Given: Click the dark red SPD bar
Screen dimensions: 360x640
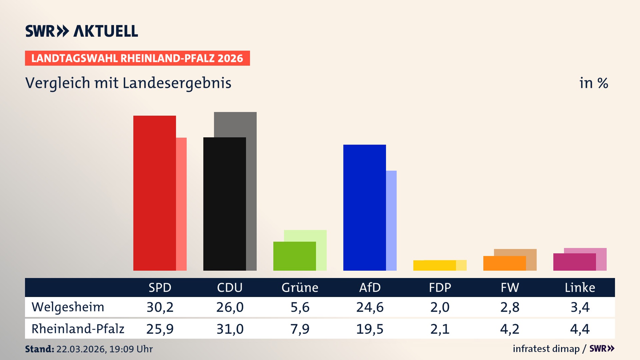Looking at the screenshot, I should point(154,193).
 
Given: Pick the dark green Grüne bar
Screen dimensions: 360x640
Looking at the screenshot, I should point(294,256).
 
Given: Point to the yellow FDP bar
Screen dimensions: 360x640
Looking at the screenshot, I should point(434,265).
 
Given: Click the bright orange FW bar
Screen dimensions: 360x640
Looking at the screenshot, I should point(504,263).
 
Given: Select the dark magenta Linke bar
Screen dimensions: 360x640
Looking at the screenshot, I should point(574,262).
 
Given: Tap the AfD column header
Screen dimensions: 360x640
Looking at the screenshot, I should point(370,287).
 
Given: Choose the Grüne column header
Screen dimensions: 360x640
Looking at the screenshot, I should point(300,287).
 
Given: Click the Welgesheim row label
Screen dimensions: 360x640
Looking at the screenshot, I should point(68,307).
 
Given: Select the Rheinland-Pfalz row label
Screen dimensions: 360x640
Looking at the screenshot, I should point(78,329).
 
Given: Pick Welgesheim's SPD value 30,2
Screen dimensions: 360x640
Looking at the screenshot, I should point(160,307).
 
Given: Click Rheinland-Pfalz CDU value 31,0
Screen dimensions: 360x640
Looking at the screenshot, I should point(230,329).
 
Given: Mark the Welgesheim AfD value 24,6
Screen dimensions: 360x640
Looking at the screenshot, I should point(370,307).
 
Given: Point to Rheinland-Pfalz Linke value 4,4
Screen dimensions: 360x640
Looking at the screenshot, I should point(580,329).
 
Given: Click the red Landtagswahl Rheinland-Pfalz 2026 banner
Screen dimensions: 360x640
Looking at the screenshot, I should point(137,58).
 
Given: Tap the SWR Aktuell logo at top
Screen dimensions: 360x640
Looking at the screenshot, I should point(82,31).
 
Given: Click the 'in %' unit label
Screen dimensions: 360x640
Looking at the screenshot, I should point(594,83).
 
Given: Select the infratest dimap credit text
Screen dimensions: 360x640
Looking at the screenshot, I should point(546,349).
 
